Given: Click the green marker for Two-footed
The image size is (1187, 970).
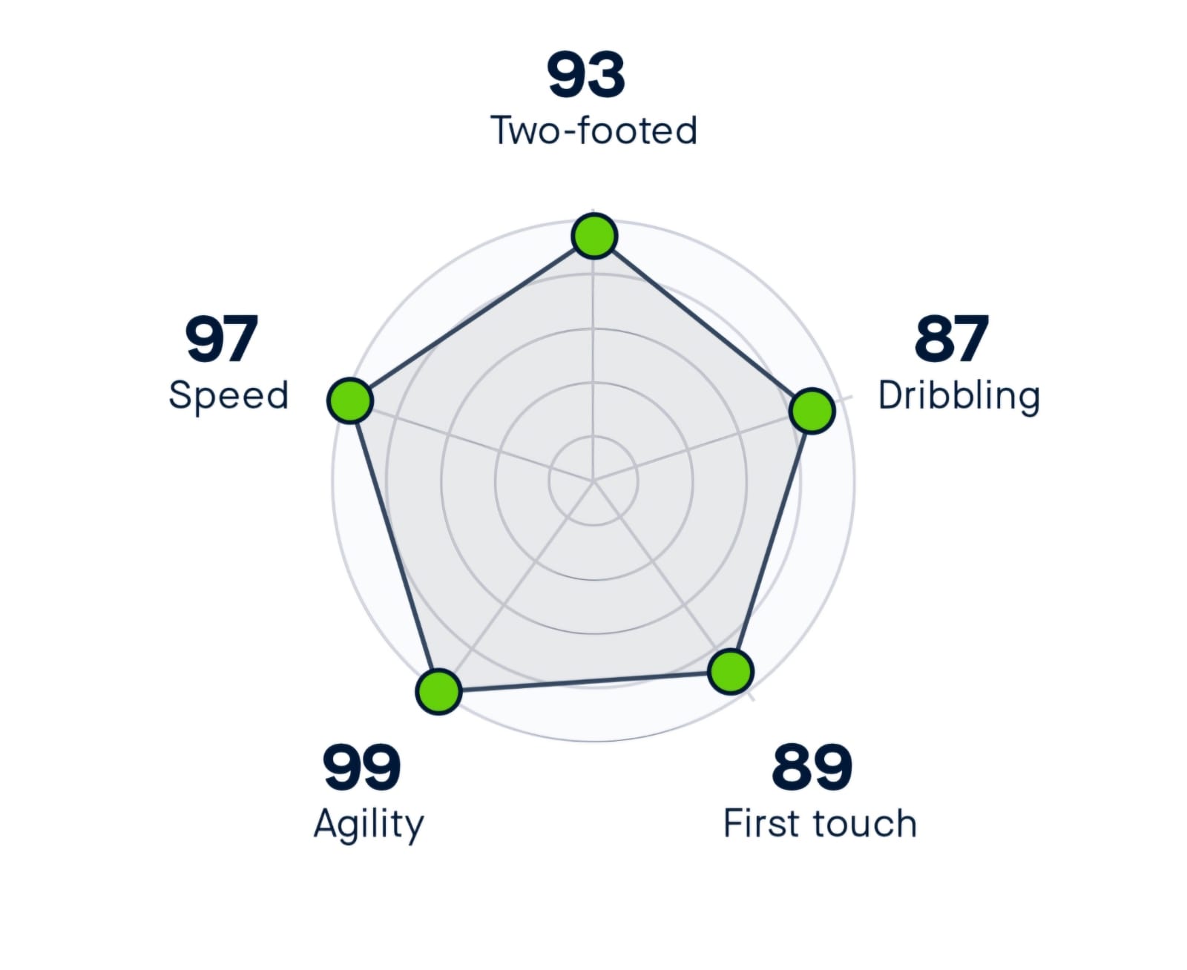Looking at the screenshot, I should (594, 236).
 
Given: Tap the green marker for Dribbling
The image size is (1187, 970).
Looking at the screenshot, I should (812, 410).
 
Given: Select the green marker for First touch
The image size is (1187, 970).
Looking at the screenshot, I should (731, 671).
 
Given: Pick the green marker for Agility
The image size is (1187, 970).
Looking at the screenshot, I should (438, 691).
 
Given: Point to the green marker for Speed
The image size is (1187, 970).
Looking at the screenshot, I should (349, 400).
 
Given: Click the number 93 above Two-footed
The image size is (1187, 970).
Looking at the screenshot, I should (586, 75).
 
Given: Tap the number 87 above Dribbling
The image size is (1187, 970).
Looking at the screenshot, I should (951, 339).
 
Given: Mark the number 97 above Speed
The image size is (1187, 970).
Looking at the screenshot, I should (221, 339).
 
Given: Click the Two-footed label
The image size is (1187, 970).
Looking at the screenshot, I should (593, 131).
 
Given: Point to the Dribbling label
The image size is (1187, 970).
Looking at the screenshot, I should (959, 396).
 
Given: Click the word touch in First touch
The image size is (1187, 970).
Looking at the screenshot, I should (865, 824).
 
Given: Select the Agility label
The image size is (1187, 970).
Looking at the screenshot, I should (369, 825).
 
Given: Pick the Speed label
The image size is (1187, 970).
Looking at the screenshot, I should (228, 395).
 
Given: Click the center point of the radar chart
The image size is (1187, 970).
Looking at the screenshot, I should (593, 481).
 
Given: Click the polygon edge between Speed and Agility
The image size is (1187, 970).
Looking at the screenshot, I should (394, 546).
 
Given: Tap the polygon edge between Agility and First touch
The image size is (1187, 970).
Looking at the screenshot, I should (585, 682).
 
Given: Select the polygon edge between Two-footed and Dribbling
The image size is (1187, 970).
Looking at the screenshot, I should (703, 323).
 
